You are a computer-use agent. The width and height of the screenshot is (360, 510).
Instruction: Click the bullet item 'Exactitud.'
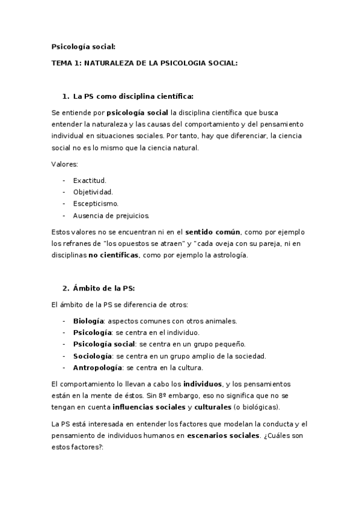[x=90, y=180]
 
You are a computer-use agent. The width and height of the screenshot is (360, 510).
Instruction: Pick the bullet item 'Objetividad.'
[x=93, y=192]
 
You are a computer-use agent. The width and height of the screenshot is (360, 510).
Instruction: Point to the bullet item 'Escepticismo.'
[x=96, y=203]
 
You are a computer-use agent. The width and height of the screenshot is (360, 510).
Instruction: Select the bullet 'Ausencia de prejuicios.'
[x=111, y=215]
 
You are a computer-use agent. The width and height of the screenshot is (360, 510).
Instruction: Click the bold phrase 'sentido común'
[x=213, y=232]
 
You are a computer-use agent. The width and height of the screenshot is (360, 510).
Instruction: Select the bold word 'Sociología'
[x=93, y=355]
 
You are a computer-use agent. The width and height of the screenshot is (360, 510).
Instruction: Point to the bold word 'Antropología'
[x=97, y=367]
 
